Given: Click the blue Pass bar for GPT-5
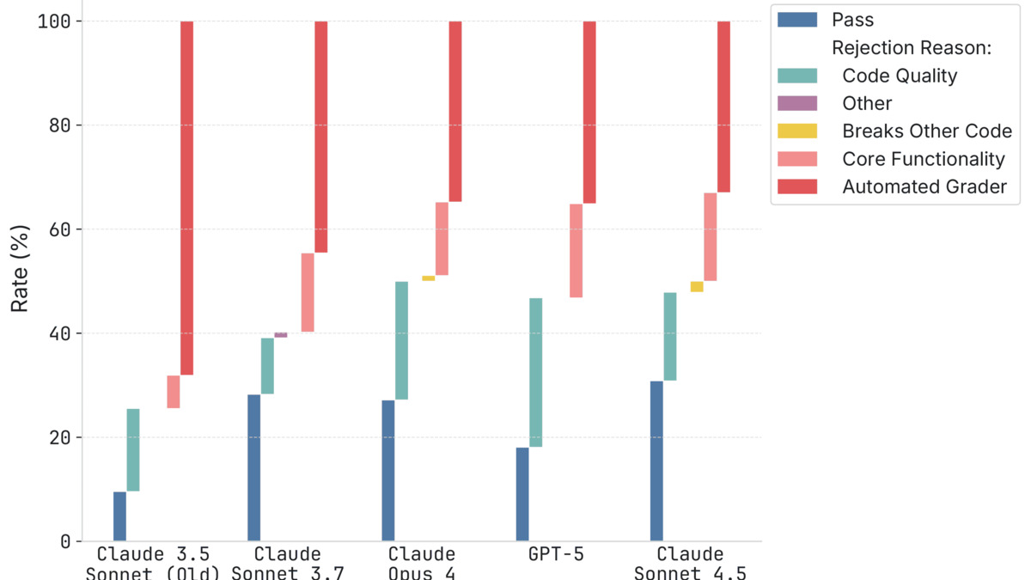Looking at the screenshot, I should (522, 494).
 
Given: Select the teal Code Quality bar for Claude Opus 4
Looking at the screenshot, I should (401, 340).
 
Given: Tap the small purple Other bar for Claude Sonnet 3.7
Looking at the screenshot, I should (281, 335).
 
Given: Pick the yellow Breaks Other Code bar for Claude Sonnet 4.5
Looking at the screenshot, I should (697, 287).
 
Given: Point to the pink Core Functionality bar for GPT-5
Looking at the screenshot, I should (576, 251).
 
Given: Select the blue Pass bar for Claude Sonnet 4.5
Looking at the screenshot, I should (656, 461).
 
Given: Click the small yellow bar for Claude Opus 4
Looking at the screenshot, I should (428, 278).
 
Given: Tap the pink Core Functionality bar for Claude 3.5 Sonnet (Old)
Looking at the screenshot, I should (174, 392).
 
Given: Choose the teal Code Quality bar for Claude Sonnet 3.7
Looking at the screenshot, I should (267, 366).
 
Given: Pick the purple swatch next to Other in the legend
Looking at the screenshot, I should (796, 103).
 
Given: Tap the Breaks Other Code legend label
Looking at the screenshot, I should (927, 131).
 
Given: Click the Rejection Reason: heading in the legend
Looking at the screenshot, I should (911, 48).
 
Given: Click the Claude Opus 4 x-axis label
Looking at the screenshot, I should (421, 563).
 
